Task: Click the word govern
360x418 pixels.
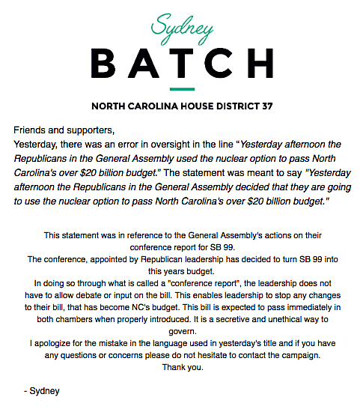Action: coord(180,331)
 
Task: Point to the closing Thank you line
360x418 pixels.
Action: coord(180,367)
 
